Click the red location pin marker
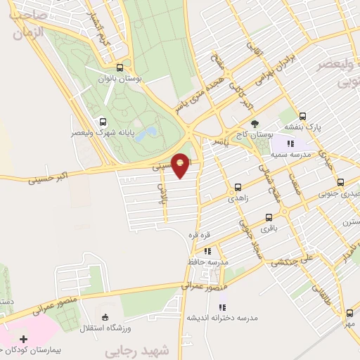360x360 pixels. [181, 165]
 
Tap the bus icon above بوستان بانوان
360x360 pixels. [120, 68]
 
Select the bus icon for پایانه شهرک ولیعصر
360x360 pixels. [104, 121]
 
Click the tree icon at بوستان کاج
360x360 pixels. [255, 124]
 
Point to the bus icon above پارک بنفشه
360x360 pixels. [302, 116]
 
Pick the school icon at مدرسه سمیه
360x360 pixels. [290, 144]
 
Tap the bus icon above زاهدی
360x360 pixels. [238, 187]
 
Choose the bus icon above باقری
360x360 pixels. [269, 217]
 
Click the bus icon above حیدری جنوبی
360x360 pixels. [340, 182]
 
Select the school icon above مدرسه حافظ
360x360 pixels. [207, 250]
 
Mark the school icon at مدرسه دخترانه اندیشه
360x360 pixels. [222, 307]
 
